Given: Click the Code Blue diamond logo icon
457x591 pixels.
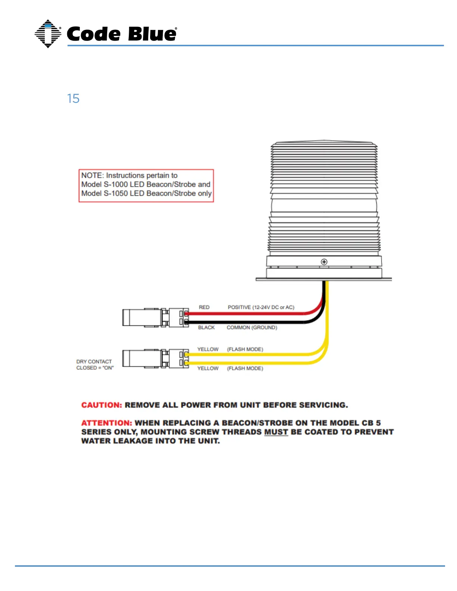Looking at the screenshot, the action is (x=48, y=34).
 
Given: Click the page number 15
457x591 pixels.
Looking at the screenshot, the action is (x=73, y=98).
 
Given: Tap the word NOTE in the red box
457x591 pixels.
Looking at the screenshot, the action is (x=92, y=175).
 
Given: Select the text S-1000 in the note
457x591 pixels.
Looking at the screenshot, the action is (x=116, y=184).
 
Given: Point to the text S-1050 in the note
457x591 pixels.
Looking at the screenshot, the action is (x=116, y=193).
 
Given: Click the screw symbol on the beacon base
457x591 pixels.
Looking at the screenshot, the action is (x=324, y=262).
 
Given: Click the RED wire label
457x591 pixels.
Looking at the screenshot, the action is (x=204, y=307).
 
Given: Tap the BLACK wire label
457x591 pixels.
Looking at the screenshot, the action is (x=206, y=328).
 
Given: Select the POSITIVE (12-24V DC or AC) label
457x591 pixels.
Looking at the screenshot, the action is (x=261, y=307).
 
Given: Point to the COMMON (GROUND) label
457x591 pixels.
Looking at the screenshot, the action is (x=252, y=328).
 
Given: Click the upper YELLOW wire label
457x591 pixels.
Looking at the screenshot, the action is (x=208, y=349).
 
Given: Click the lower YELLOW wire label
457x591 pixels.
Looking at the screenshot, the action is (x=208, y=368).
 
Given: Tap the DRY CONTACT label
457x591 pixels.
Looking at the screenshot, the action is (x=94, y=362).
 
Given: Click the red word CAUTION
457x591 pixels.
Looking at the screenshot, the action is (x=102, y=405).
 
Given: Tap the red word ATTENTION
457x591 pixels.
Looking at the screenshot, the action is (x=106, y=423).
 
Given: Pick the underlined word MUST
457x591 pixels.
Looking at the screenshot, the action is (x=276, y=432).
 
